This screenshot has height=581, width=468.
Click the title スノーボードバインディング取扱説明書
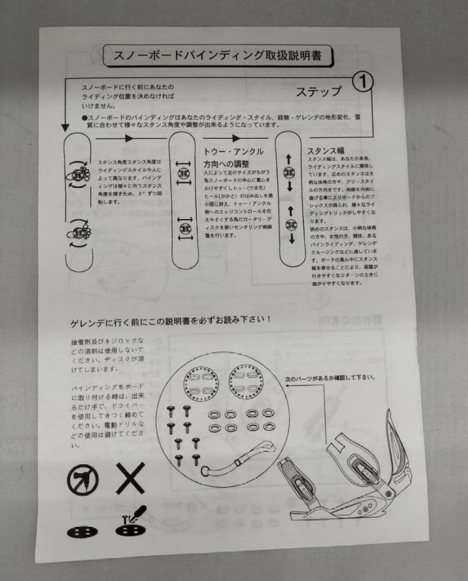coord(217,55)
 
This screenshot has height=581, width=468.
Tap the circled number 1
coord(363,81)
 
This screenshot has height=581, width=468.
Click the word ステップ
coord(318,91)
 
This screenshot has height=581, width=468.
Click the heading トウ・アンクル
coord(233,152)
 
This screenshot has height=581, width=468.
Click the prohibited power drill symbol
coord(83,479)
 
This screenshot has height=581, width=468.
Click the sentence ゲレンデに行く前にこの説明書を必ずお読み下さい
coord(171,320)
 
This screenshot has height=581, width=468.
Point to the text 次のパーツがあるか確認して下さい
coord(330,377)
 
